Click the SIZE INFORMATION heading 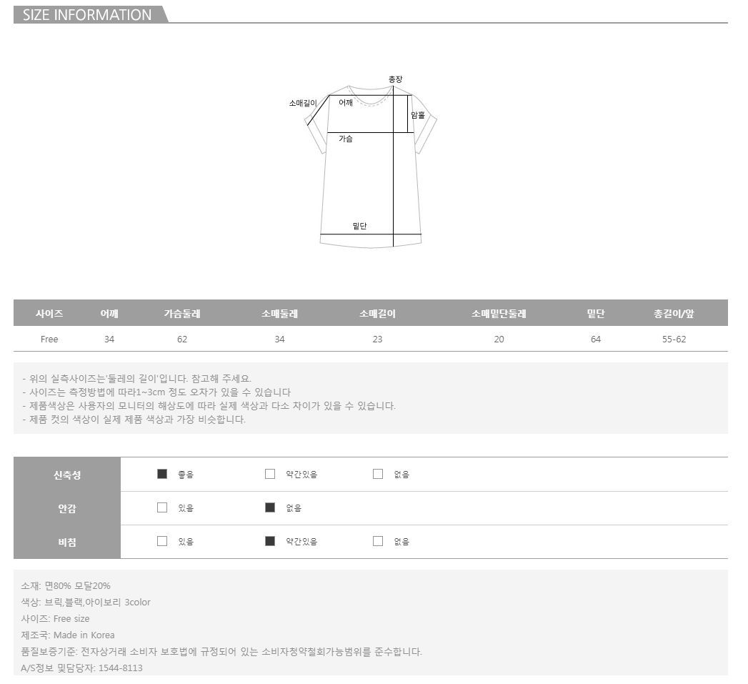87,15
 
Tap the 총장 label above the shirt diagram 396,79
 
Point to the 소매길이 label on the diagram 303,103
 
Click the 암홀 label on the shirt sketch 418,115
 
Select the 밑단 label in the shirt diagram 359,226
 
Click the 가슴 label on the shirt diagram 346,139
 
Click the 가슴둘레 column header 182,314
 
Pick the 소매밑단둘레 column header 499,314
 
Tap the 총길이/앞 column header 674,314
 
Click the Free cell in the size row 49,339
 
